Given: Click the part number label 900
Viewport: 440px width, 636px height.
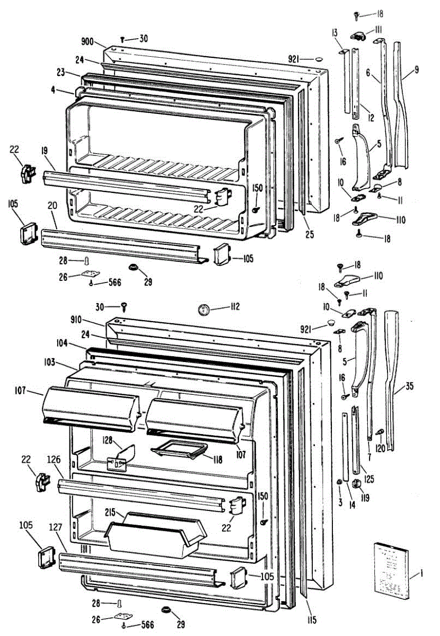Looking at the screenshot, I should point(88,41).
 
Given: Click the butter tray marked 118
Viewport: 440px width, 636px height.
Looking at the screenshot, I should point(178,450).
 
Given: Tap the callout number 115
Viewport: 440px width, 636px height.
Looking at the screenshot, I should point(311,621).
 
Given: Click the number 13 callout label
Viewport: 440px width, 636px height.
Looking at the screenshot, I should point(335,33).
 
